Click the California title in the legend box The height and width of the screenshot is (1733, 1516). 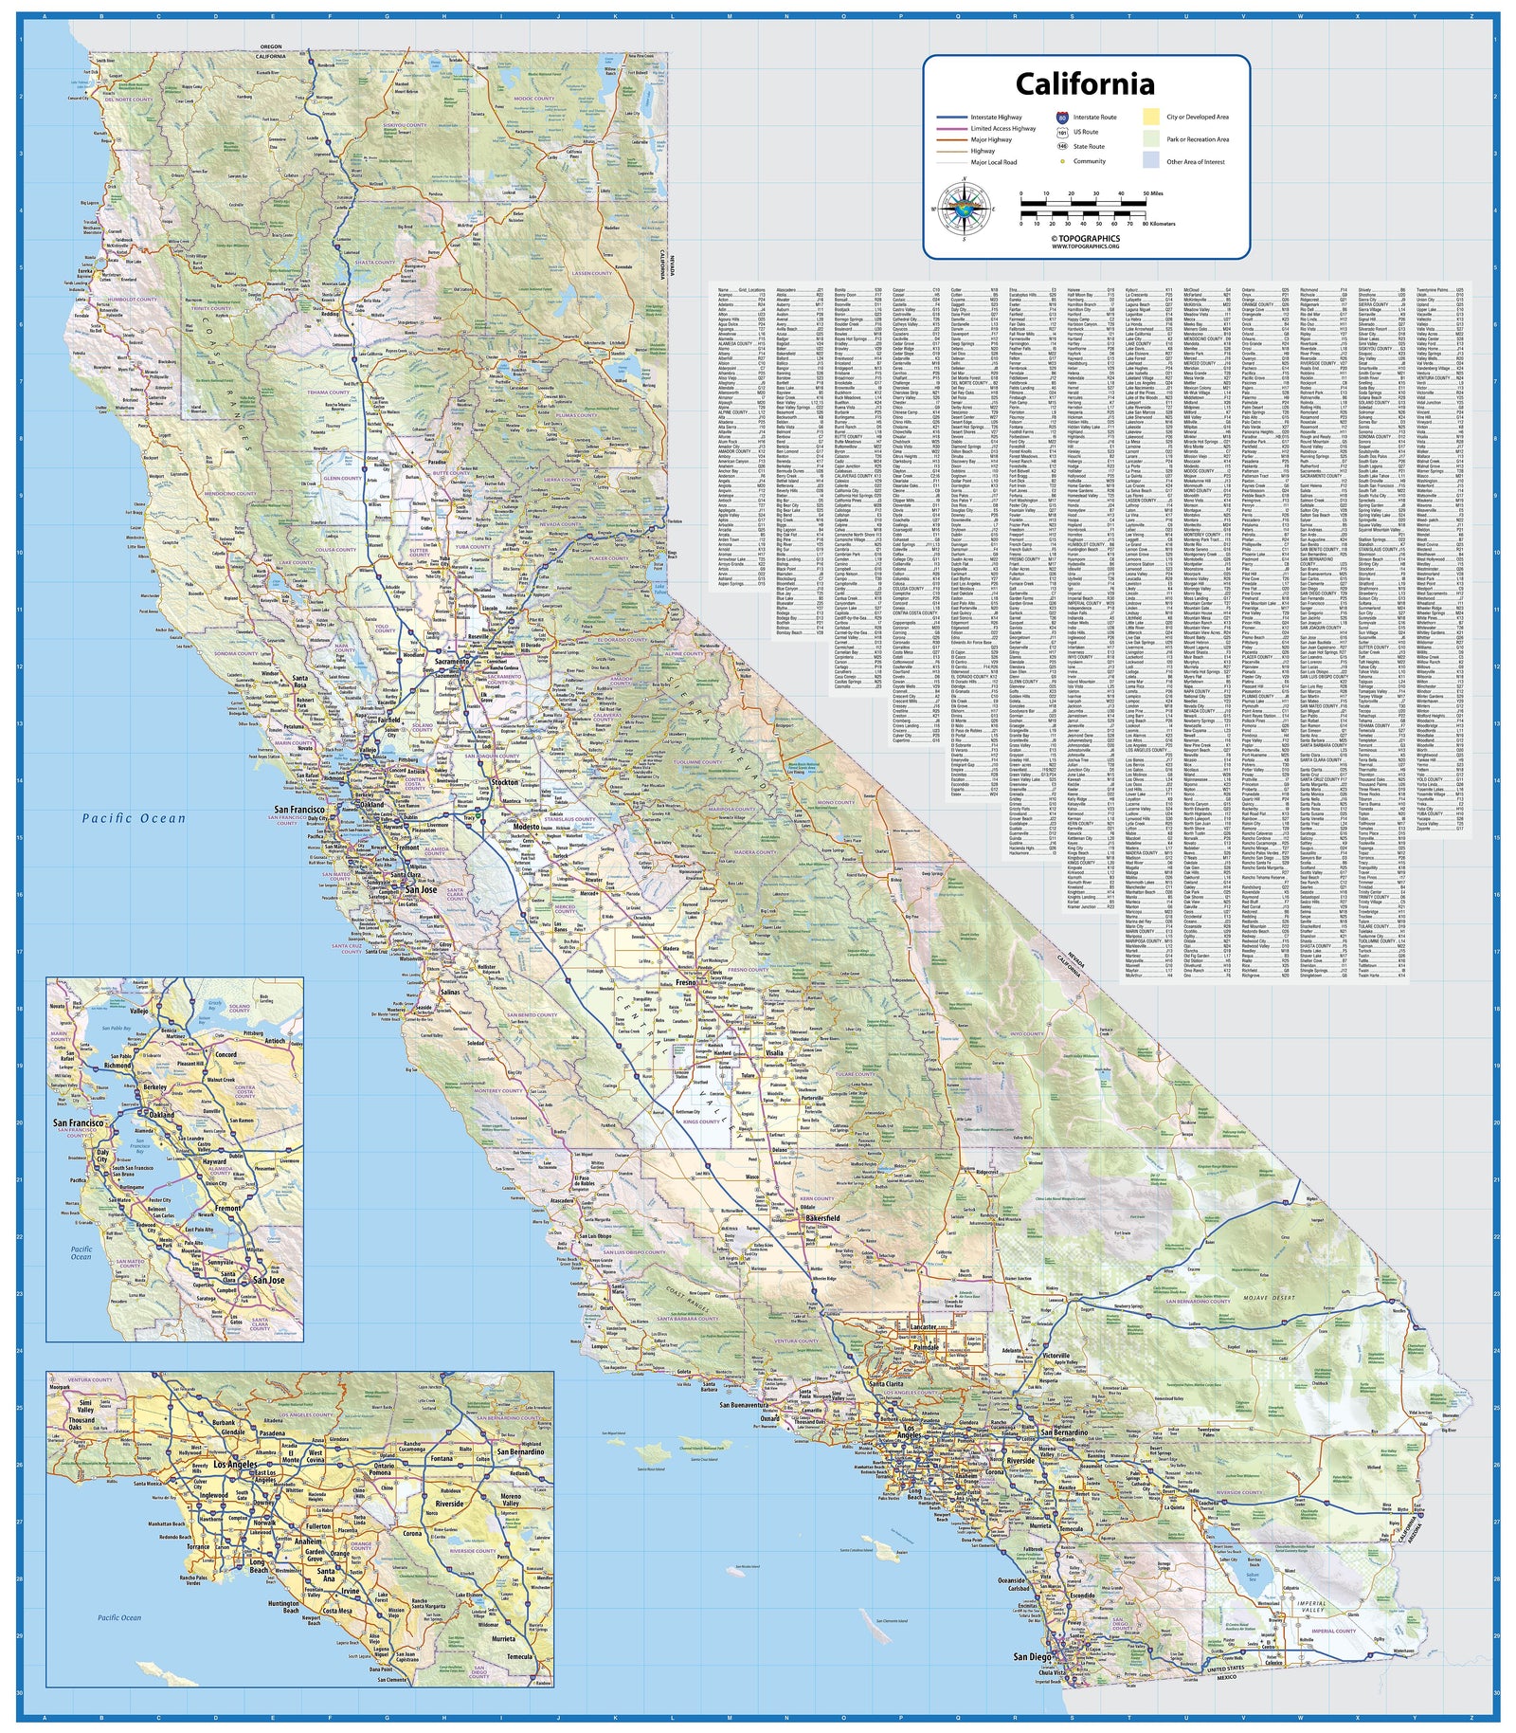point(1085,84)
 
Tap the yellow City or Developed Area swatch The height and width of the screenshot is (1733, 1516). point(1150,118)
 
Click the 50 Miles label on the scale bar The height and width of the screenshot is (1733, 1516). point(1152,192)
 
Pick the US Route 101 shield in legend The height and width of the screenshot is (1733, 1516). point(1062,133)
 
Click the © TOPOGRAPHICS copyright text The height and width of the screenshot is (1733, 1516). point(1085,238)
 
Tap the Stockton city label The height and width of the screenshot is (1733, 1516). point(504,783)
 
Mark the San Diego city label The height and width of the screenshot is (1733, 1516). point(1032,1657)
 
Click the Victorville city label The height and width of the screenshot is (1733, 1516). point(1056,1357)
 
